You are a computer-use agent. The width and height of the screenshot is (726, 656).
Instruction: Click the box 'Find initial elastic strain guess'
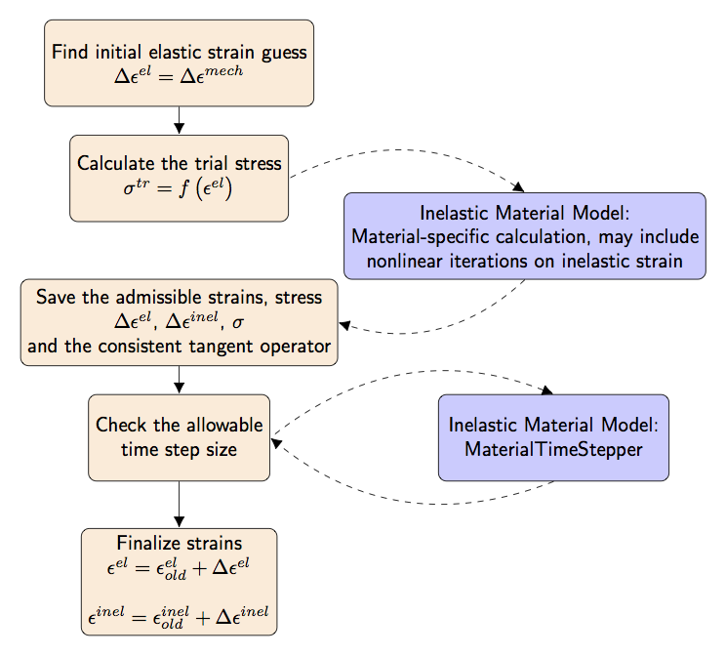(179, 62)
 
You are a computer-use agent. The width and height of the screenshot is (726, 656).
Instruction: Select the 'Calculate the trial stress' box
(179, 178)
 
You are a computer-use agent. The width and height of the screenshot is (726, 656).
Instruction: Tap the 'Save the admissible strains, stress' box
(179, 322)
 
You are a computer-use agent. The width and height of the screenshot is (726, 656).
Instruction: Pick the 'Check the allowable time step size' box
(179, 437)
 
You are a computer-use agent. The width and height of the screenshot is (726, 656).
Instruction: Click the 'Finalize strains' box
(179, 582)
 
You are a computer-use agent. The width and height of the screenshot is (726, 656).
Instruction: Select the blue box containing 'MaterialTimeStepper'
(553, 437)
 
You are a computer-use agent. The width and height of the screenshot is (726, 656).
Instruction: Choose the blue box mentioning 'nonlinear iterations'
(524, 236)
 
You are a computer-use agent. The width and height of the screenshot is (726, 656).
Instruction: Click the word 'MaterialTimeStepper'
(553, 449)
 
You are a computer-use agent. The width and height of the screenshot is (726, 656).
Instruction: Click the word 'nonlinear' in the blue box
(403, 261)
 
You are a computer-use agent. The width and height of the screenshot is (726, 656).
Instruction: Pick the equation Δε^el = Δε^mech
(179, 75)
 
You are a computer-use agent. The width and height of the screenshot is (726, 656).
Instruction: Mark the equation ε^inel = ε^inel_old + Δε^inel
(179, 616)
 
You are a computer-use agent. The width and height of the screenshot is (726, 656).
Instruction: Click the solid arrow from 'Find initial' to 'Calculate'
(179, 120)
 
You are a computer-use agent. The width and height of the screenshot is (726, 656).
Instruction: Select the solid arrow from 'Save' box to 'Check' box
(179, 380)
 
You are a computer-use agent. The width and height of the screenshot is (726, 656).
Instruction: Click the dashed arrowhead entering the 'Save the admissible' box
(344, 327)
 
